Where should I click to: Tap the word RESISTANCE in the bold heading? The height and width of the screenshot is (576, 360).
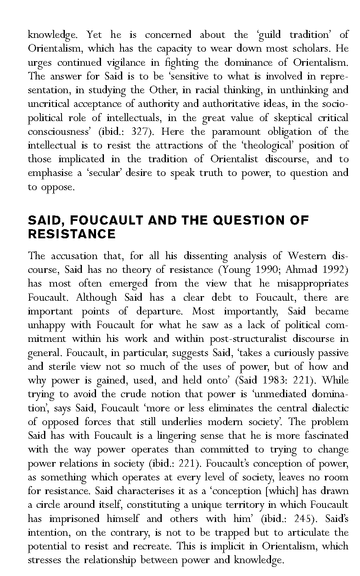coord(72,234)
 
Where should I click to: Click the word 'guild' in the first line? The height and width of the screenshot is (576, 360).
coord(270,35)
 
